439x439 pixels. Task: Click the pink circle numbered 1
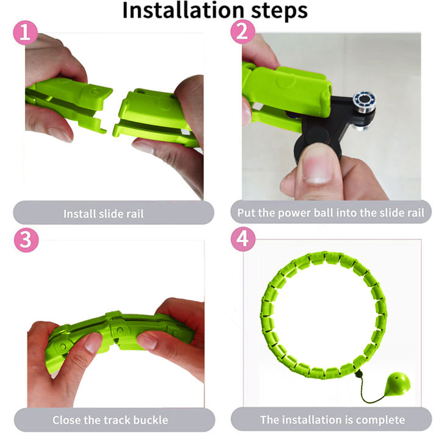[x=26, y=33]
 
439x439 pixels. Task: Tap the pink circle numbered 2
[x=243, y=32]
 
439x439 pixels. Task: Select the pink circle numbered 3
[x=26, y=240]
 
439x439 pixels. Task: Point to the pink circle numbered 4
[x=243, y=239]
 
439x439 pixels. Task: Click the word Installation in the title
[x=184, y=10]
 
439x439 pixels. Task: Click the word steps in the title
[x=279, y=12]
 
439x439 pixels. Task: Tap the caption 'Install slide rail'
[x=104, y=214]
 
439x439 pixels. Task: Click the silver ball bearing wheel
[x=363, y=100]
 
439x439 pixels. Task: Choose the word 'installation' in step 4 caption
[x=311, y=420]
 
